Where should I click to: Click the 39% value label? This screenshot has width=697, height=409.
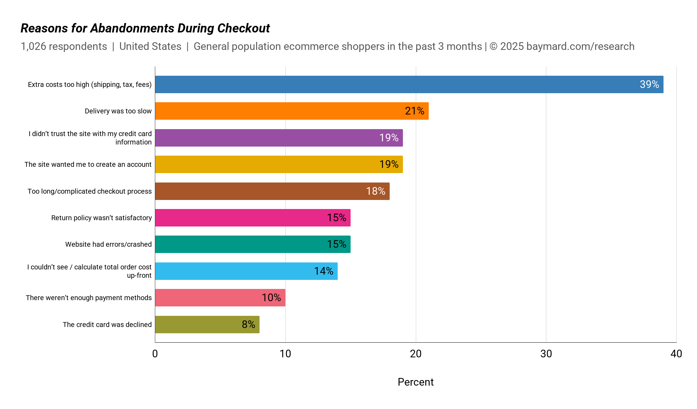click(x=649, y=84)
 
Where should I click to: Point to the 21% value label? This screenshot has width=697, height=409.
click(x=414, y=111)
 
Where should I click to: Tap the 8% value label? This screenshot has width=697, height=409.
click(x=248, y=325)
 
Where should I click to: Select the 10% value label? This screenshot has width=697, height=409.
click(x=271, y=298)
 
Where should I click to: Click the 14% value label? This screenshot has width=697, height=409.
click(x=324, y=271)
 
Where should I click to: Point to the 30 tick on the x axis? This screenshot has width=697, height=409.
click(x=546, y=354)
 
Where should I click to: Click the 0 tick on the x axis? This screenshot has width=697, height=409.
click(x=155, y=354)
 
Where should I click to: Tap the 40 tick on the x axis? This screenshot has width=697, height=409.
click(x=676, y=354)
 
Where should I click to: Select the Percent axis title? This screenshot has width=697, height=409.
click(x=415, y=382)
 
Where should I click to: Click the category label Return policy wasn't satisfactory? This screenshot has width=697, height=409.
click(x=102, y=218)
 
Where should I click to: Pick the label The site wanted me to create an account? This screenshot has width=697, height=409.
click(x=88, y=164)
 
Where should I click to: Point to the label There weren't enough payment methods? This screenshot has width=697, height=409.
click(x=89, y=298)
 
